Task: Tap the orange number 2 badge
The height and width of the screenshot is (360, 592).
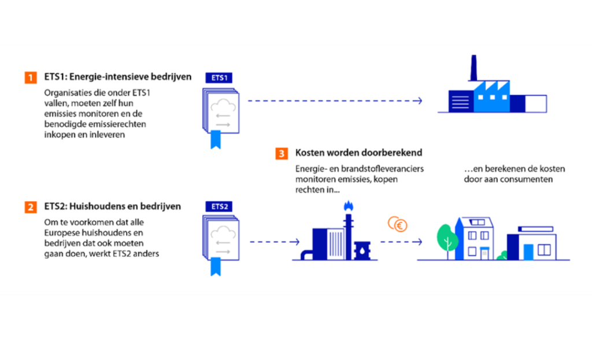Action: pyautogui.click(x=30, y=207)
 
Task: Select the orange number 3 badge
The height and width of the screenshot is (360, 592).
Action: pyautogui.click(x=282, y=154)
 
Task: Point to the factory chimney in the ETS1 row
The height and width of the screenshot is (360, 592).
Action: pyautogui.click(x=473, y=68)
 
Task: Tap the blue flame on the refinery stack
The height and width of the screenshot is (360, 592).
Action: pyautogui.click(x=347, y=206)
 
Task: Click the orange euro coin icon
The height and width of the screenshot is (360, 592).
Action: pyautogui.click(x=397, y=224)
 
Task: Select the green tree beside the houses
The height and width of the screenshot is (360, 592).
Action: pyautogui.click(x=446, y=237)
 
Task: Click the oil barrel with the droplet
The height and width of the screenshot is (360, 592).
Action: pyautogui.click(x=361, y=251)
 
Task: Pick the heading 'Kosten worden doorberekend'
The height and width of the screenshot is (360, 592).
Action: pyautogui.click(x=358, y=153)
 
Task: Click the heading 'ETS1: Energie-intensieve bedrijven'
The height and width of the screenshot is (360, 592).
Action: pyautogui.click(x=117, y=77)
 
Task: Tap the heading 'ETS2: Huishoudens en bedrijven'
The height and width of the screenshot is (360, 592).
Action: pyautogui.click(x=112, y=206)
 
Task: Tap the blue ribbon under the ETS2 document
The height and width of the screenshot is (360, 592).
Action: pyautogui.click(x=216, y=268)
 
